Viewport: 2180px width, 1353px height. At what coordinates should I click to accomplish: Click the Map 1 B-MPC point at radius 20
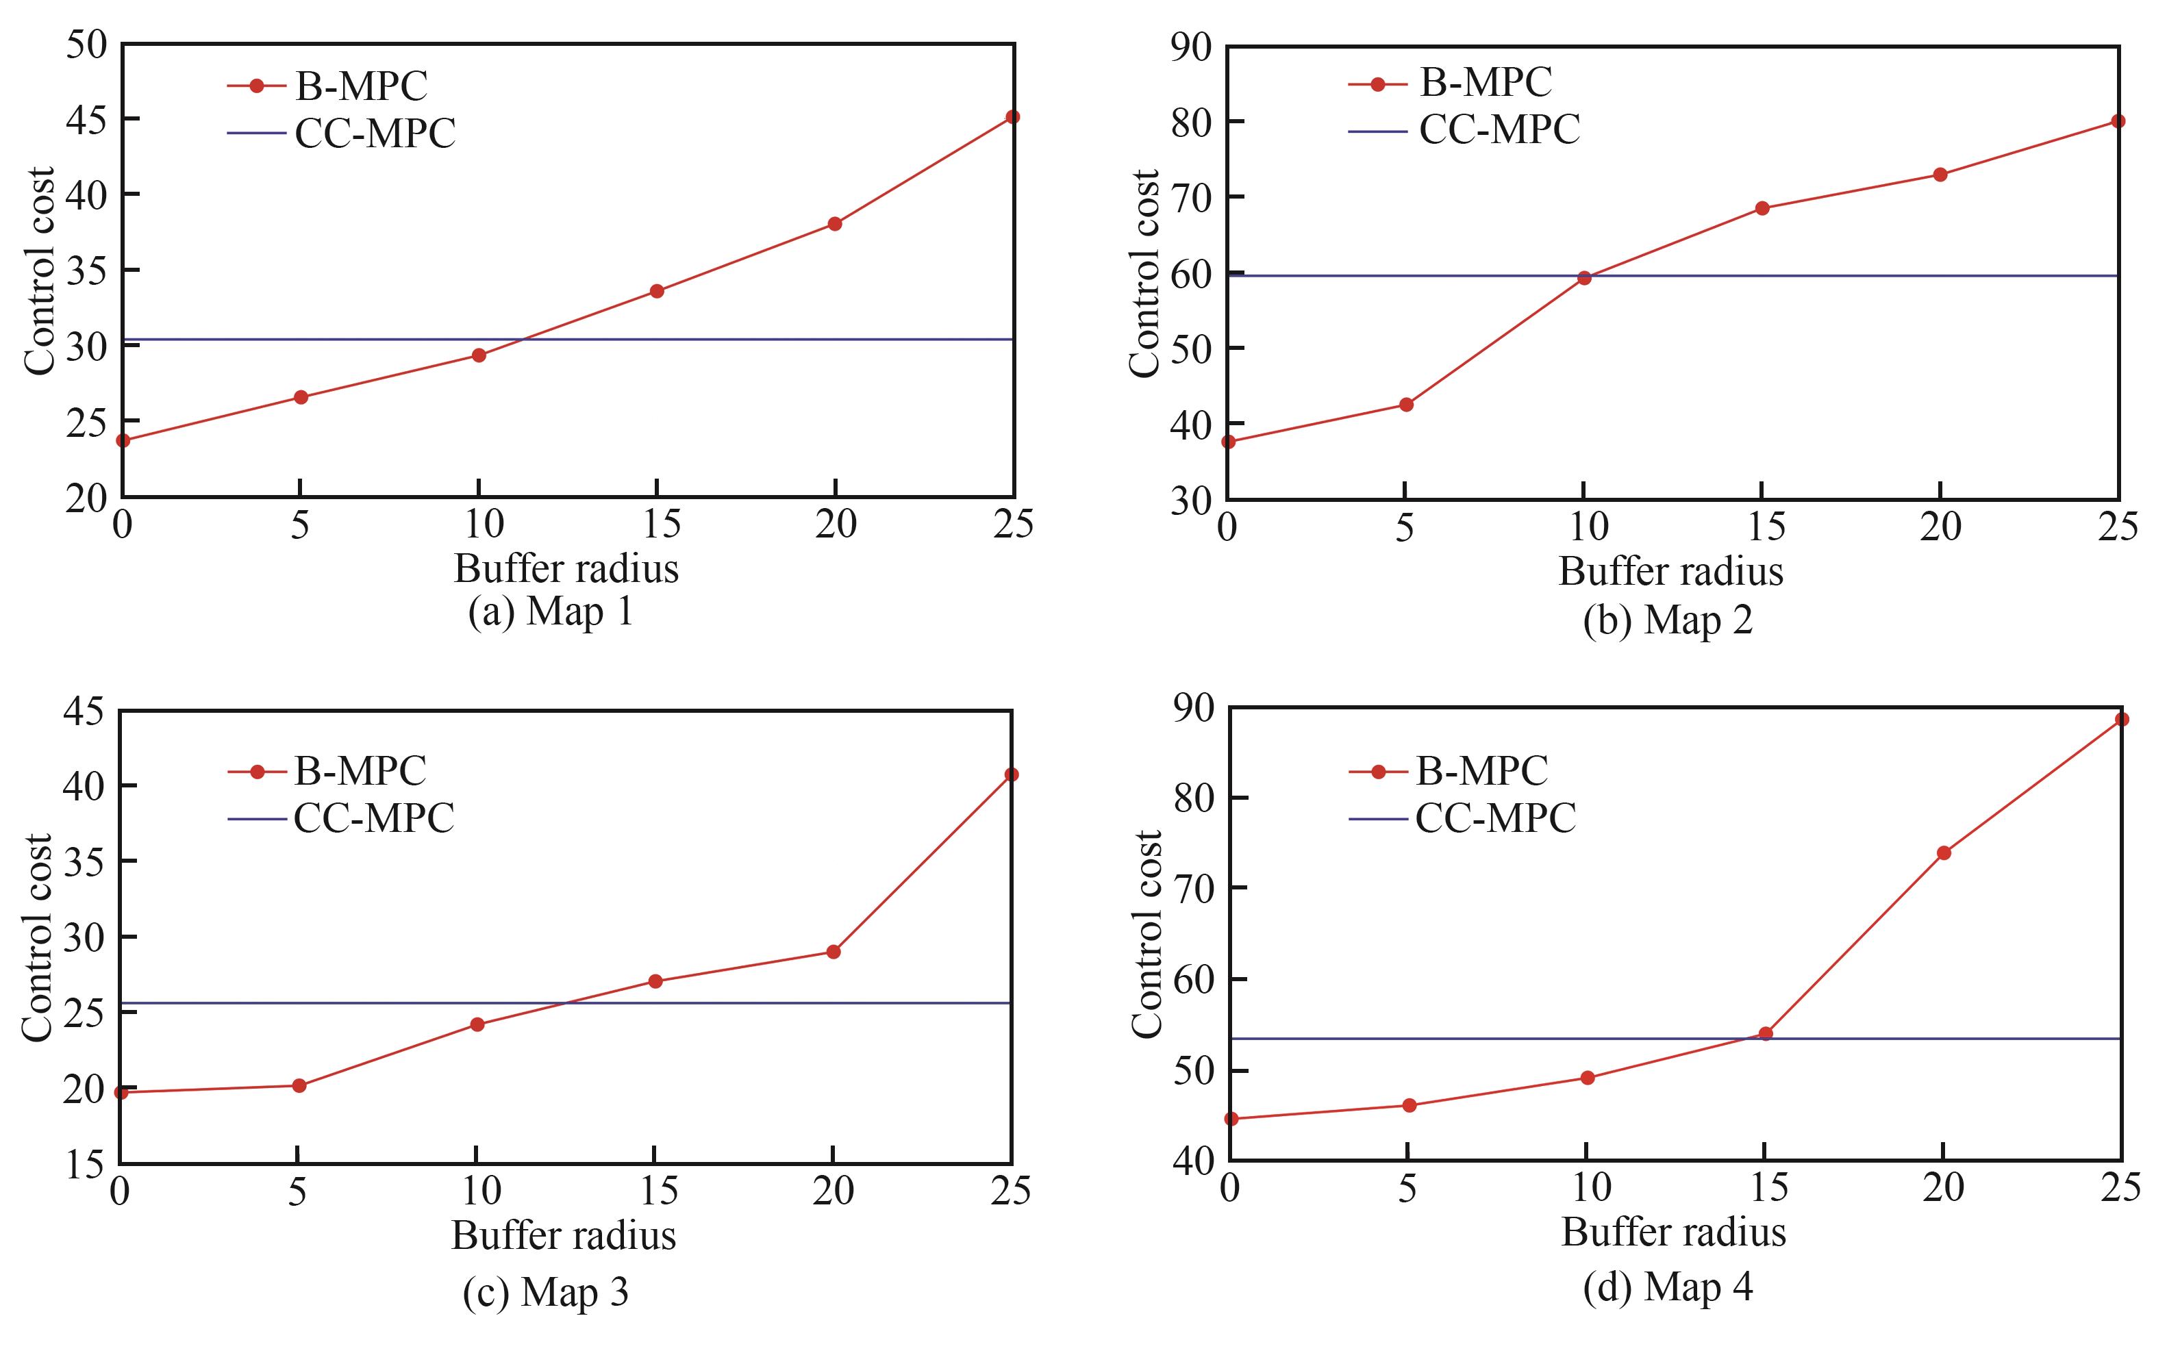834,224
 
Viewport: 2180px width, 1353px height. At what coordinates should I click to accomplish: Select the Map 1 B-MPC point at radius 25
1012,117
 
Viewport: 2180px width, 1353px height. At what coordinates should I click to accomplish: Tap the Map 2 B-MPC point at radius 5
1406,405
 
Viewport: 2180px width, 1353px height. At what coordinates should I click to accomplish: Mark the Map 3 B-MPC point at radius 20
832,951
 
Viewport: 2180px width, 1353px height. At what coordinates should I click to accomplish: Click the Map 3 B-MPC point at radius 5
299,1085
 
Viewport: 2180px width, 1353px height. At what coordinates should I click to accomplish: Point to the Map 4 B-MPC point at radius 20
1943,852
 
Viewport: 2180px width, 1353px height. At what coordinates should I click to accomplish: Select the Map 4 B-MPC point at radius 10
1588,1077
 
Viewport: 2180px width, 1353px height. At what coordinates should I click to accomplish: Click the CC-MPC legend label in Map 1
375,134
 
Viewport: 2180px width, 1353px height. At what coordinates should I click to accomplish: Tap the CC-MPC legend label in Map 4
1495,818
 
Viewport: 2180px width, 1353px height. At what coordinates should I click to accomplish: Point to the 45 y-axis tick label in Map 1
86,119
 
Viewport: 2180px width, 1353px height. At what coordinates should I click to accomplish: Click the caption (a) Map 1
551,612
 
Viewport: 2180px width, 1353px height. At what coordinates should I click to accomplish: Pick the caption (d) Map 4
1667,1288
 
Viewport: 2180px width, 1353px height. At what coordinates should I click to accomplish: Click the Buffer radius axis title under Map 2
1671,571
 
